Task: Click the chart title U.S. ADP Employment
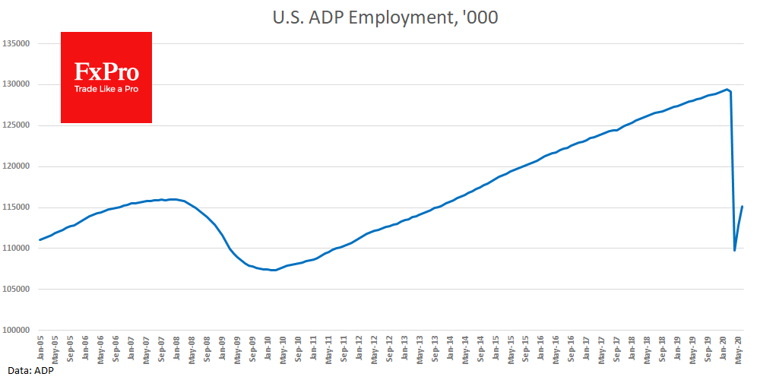pos(385,17)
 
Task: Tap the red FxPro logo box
pos(106,78)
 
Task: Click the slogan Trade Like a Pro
pos(106,89)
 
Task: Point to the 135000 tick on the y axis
pos(16,43)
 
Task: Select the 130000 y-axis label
pos(16,84)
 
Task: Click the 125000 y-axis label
pos(16,125)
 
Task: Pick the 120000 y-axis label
pos(16,166)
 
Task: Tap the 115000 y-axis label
pos(16,207)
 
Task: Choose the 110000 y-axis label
pos(16,249)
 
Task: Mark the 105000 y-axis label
pos(16,290)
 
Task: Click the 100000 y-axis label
pos(16,331)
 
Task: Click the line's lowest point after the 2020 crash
pos(734,250)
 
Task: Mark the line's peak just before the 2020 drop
pos(727,90)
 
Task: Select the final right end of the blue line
pos(743,207)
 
